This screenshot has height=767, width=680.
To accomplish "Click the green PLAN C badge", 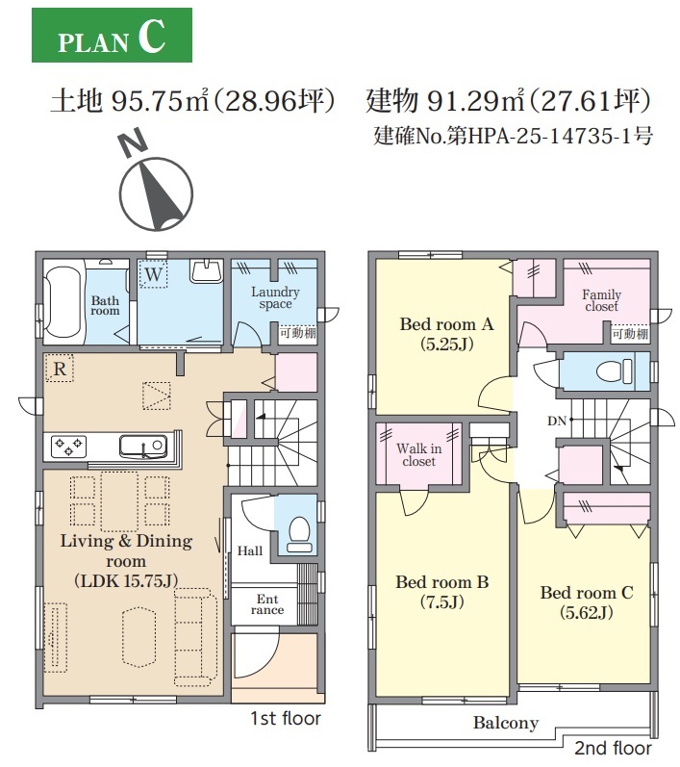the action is [x=112, y=36].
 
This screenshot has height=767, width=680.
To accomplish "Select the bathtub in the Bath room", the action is [x=63, y=302].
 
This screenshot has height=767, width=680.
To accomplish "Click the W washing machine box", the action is [x=154, y=274].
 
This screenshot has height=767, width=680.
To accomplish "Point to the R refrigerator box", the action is [x=60, y=368].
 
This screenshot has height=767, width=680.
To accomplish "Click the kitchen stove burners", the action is [x=69, y=447].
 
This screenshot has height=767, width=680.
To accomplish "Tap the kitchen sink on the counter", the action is [x=143, y=447].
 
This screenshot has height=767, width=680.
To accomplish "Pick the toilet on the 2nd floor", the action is [x=614, y=371].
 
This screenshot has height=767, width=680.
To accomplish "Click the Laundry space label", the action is [x=275, y=297].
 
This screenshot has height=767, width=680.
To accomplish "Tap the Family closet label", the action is [x=602, y=300].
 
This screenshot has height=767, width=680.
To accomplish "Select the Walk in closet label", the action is [x=419, y=454].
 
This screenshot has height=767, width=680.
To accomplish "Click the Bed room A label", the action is [x=447, y=323].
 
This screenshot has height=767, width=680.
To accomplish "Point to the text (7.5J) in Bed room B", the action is [x=442, y=601].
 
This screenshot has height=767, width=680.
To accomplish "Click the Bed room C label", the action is [x=587, y=593].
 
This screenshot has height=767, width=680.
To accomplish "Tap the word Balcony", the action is [x=506, y=723].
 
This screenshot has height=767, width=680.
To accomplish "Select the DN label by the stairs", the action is [x=557, y=421].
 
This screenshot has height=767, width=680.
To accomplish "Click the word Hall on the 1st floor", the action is [x=250, y=551].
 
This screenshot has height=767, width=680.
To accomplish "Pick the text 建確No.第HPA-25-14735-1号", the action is [x=513, y=136].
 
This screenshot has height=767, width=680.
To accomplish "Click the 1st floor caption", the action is [x=286, y=718].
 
